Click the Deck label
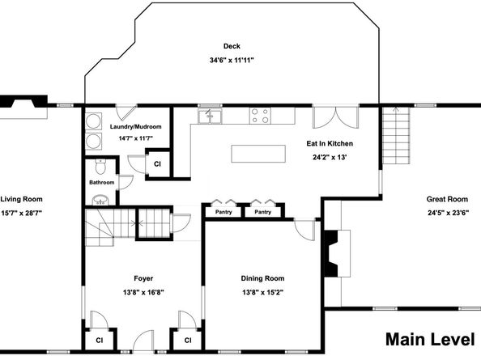232,46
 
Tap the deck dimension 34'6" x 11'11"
232,60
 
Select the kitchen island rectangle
258,154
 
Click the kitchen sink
210,116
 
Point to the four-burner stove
260,116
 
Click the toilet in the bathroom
100,166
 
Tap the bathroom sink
100,200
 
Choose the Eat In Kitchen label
330,143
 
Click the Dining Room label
262,278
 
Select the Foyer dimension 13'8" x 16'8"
143,292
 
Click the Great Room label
447,199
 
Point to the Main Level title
430,340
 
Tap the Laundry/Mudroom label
135,126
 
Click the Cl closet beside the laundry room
157,164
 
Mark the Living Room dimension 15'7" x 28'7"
21,213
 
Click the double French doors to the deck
335,117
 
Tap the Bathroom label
101,182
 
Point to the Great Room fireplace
338,254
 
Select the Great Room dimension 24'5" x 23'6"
448,213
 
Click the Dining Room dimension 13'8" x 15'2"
262,292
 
